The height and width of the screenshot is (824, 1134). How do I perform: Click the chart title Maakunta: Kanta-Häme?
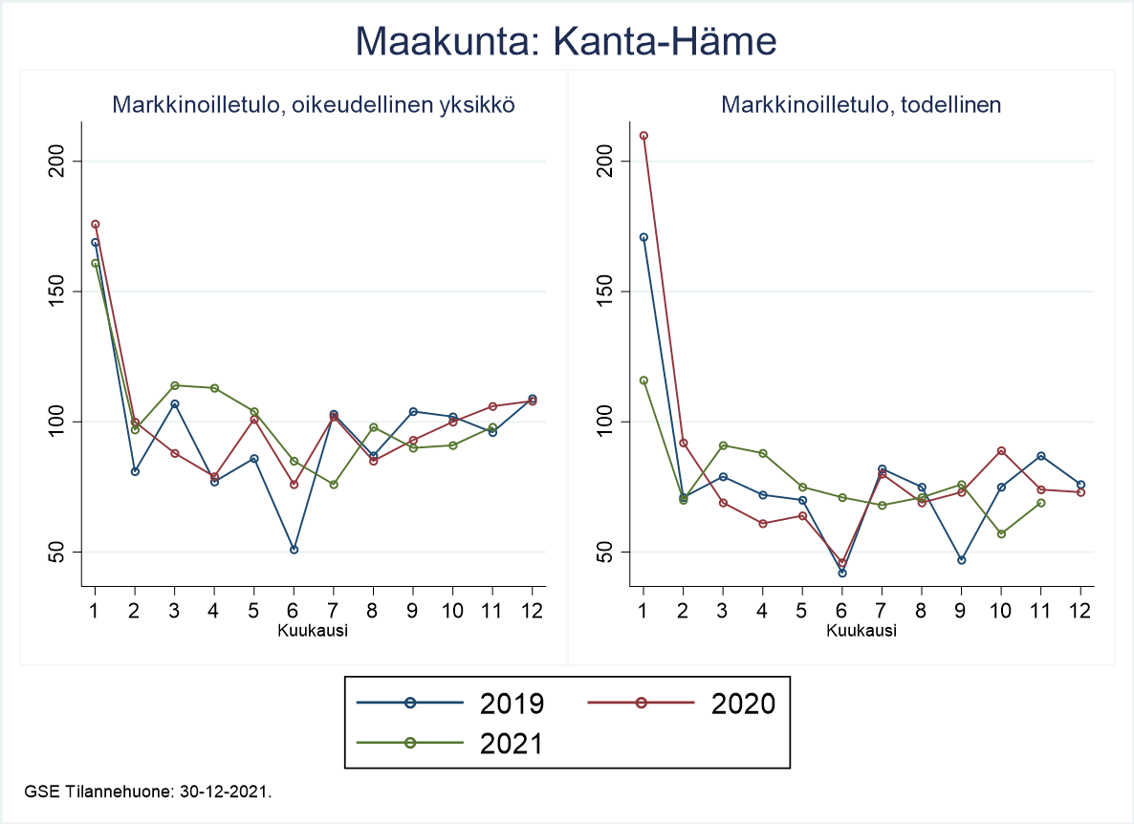click(566, 43)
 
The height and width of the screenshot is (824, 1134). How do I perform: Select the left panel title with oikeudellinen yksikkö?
click(314, 105)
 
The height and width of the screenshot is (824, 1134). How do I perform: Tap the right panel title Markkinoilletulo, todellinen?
click(861, 105)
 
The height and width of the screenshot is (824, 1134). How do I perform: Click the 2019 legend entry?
click(449, 704)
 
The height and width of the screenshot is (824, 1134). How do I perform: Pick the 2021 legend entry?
click(449, 744)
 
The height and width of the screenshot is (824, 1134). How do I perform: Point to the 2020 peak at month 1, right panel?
click(643, 136)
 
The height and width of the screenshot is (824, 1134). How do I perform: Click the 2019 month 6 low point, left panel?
click(294, 550)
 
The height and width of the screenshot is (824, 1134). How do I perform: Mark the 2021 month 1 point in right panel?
click(643, 380)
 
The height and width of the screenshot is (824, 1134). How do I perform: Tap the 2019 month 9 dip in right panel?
click(961, 560)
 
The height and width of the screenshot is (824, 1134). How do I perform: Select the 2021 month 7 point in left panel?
click(334, 485)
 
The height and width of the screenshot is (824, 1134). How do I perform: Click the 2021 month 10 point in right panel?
click(1001, 533)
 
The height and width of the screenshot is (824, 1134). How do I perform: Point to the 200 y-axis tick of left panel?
click(56, 161)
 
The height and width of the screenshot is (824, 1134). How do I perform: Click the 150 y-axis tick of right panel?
click(605, 291)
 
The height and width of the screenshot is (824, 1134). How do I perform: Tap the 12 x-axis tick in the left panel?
click(533, 610)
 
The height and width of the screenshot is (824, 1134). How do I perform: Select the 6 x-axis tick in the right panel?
click(841, 610)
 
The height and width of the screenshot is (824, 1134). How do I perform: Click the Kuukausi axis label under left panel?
click(313, 631)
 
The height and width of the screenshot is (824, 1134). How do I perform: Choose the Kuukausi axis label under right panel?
click(861, 631)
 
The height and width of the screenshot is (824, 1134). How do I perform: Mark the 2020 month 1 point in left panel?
click(95, 225)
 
